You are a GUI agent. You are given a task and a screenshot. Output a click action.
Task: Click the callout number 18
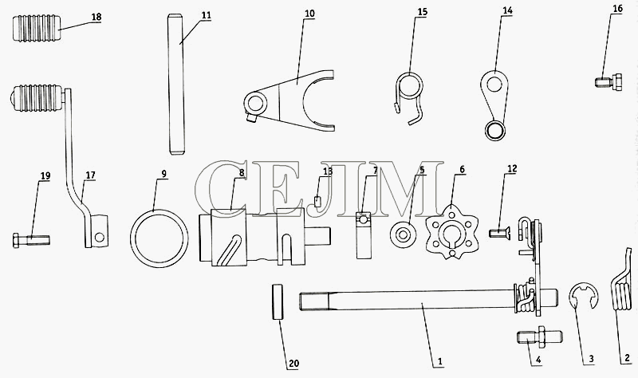coord(96,17)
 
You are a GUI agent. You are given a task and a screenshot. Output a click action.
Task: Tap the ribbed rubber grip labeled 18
coord(37,29)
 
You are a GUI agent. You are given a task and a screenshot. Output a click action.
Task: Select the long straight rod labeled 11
coord(176,85)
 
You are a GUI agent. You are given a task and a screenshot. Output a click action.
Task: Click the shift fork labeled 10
coord(289,100)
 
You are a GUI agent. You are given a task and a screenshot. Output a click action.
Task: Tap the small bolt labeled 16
coord(608,82)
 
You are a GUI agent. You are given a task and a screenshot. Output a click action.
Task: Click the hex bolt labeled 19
coord(31,241)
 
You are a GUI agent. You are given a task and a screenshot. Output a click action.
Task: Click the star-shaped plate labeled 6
coord(451,232)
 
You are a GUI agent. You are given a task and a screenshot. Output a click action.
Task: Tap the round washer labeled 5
coord(404,234)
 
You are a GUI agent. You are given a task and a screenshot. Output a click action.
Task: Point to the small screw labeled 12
coord(500,233)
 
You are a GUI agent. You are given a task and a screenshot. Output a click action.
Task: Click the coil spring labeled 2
coord(621,284)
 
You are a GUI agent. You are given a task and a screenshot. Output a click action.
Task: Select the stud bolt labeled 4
coord(540,337)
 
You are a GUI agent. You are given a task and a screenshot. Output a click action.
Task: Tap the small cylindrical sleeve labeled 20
coord(278,301)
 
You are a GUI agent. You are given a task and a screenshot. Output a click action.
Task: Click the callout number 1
coord(439,361)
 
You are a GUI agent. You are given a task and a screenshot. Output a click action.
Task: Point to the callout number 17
coord(90,175)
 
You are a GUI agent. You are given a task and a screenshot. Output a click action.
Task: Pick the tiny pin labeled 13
coord(317,202)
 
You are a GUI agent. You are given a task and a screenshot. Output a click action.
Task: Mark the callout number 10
coord(309,14)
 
